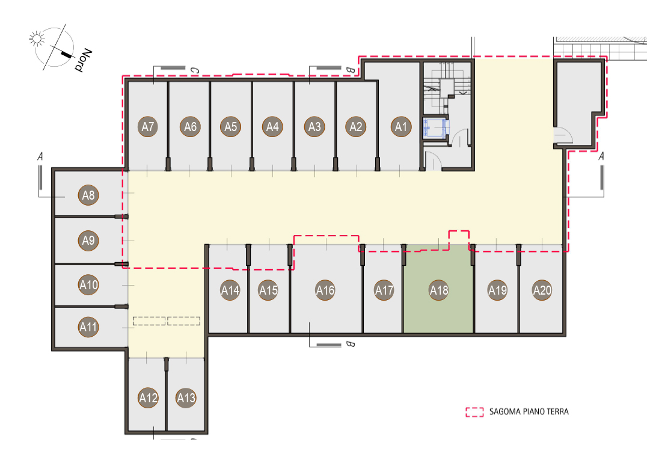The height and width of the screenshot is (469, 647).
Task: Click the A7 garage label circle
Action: click(148, 126)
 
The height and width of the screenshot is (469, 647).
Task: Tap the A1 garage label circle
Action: click(401, 126)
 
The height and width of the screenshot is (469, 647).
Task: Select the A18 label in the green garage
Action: click(438, 290)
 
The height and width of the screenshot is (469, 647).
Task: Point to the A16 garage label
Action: click(325, 290)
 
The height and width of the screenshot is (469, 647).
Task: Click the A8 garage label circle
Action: click(88, 195)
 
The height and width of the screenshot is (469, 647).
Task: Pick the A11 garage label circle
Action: click(88, 326)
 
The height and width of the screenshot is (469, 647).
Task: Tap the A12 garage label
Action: click(148, 397)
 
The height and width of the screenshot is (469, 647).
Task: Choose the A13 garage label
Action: click(186, 397)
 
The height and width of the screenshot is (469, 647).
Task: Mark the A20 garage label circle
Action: click(542, 290)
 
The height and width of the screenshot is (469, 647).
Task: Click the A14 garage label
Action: click(230, 290)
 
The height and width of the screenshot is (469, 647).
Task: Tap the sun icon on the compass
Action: click(37, 38)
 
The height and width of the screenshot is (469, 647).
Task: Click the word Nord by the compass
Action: click(84, 60)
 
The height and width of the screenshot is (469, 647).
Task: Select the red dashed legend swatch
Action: click(474, 412)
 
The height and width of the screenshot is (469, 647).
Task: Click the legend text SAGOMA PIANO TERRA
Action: click(529, 411)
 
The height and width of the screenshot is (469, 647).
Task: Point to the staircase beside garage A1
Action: click(447, 87)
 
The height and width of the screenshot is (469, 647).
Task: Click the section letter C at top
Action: click(194, 70)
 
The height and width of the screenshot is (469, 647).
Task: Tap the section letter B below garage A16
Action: click(350, 344)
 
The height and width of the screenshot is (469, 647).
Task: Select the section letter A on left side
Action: click(40, 156)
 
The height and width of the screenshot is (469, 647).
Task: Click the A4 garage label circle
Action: click(272, 126)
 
